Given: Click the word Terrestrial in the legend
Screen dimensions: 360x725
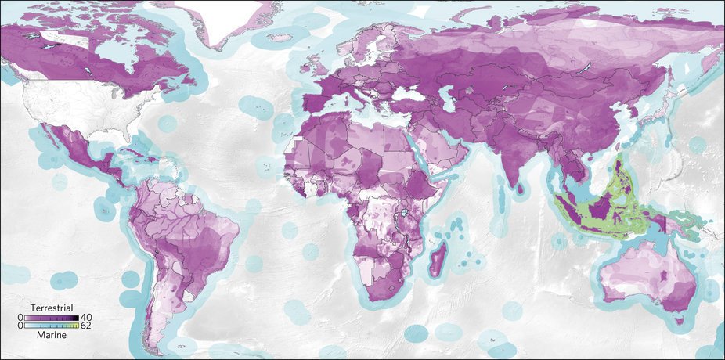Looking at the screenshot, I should tap(52, 308).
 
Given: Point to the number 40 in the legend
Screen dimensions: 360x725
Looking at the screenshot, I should tap(86, 317).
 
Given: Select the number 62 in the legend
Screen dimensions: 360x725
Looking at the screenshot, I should tap(86, 326).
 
